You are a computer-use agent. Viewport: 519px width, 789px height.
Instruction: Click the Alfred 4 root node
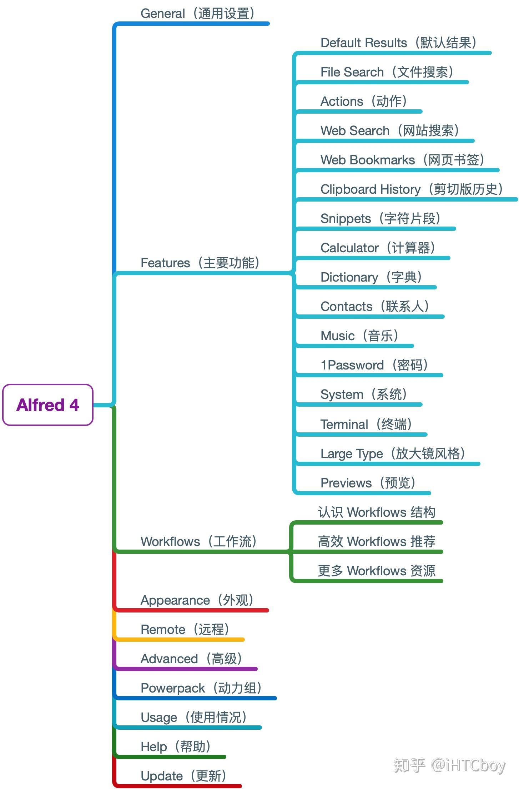pos(48,405)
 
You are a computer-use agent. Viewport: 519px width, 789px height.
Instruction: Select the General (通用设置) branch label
pos(198,14)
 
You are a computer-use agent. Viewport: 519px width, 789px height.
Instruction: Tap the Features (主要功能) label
pos(200,263)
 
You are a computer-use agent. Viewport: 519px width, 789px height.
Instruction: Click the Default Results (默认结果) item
pos(398,43)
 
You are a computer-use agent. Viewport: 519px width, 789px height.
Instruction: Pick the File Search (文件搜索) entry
pos(387,72)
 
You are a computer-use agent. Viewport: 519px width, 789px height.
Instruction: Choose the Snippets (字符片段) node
pos(381,219)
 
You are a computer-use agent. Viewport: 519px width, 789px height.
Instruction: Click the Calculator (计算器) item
pos(378,248)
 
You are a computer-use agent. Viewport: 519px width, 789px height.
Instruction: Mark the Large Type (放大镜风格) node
pos(393,454)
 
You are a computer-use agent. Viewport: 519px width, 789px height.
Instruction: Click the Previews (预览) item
pos(368,483)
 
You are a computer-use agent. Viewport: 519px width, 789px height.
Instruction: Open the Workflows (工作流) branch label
pos(199,542)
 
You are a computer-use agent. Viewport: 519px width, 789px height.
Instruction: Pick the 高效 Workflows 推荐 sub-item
pos(377,542)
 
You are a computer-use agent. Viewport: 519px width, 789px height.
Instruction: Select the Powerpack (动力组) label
pos(201,688)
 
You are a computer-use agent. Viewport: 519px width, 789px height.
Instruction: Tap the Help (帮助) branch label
pos(176,747)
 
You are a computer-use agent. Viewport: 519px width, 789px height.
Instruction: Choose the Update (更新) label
pos(183,776)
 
